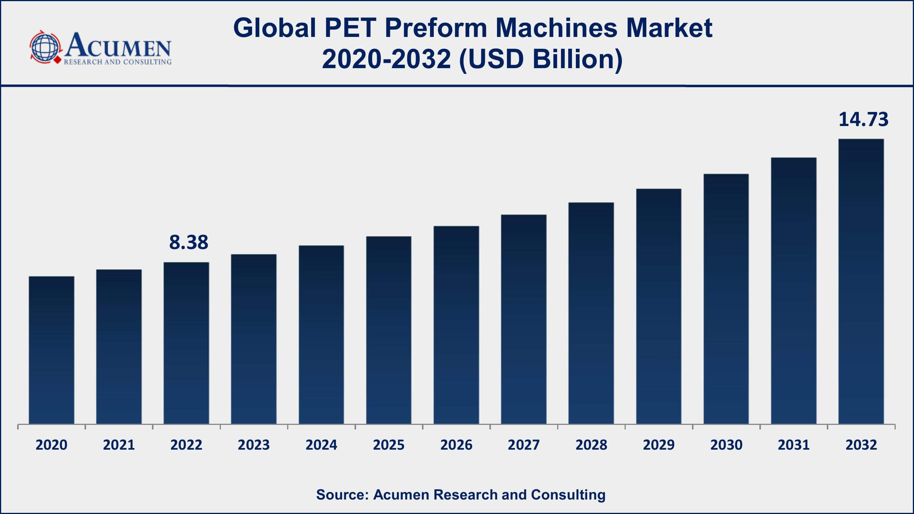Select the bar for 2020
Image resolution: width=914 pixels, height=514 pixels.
pyautogui.click(x=51, y=350)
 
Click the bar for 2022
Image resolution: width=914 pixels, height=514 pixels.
pyautogui.click(x=186, y=343)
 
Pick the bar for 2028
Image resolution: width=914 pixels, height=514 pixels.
pyautogui.click(x=591, y=313)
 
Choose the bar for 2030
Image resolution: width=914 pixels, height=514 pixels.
pyautogui.click(x=726, y=299)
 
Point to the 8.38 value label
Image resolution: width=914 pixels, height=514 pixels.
pyautogui.click(x=189, y=243)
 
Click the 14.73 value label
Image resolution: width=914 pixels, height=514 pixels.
pyautogui.click(x=863, y=120)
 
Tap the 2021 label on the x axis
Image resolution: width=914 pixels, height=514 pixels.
pyautogui.click(x=119, y=445)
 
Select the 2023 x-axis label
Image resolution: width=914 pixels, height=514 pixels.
pyautogui.click(x=254, y=445)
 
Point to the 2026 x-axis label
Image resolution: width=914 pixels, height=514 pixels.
pyautogui.click(x=456, y=445)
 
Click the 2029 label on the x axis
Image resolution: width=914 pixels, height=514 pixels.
pyautogui.click(x=658, y=445)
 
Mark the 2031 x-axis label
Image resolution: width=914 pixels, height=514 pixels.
pyautogui.click(x=794, y=445)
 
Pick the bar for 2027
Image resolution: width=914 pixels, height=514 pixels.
pyautogui.click(x=524, y=319)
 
